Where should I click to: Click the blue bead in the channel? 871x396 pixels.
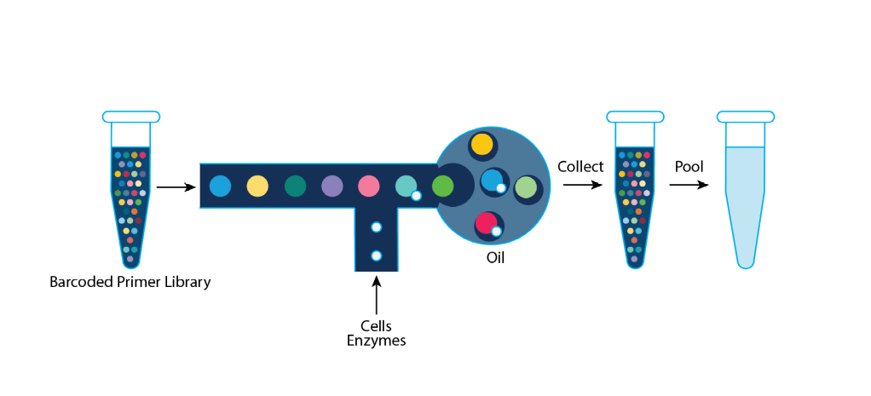pyautogui.click(x=220, y=186)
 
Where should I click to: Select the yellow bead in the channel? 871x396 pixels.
pyautogui.click(x=258, y=186)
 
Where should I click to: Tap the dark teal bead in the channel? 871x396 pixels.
pyautogui.click(x=296, y=186)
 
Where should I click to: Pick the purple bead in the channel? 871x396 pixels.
pyautogui.click(x=332, y=186)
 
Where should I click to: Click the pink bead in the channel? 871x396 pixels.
pyautogui.click(x=368, y=186)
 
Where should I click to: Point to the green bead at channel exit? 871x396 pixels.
pyautogui.click(x=442, y=186)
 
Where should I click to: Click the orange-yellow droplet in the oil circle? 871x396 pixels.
pyautogui.click(x=482, y=144)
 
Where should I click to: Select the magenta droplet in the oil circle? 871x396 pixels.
pyautogui.click(x=487, y=223)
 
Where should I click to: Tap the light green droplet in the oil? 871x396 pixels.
pyautogui.click(x=526, y=187)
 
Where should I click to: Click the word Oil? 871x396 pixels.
pyautogui.click(x=495, y=256)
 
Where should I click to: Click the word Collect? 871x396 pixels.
pyautogui.click(x=580, y=167)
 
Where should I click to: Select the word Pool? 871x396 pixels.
pyautogui.click(x=689, y=167)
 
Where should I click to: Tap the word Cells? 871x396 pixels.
pyautogui.click(x=376, y=326)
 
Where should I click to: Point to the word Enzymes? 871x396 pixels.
pyautogui.click(x=376, y=341)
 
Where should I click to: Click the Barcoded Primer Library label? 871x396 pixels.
pyautogui.click(x=130, y=282)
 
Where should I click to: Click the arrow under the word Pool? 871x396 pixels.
pyautogui.click(x=689, y=185)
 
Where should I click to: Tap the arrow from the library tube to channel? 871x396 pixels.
pyautogui.click(x=176, y=187)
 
